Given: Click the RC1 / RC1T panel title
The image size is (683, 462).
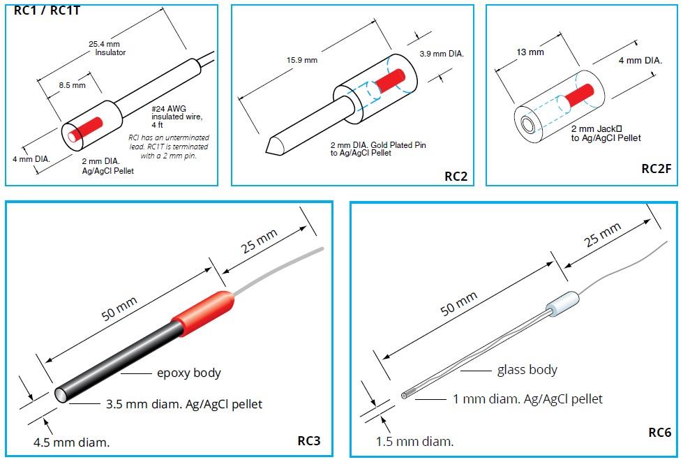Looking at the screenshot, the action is coord(47,10).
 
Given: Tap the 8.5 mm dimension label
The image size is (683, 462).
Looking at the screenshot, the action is coord(73,85).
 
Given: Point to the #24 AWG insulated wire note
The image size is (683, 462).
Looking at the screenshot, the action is coord(177,117).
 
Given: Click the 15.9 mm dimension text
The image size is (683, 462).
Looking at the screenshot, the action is coord(302,60).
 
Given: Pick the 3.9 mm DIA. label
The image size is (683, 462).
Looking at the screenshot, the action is coord(442,54).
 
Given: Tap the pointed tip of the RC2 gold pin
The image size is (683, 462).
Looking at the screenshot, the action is coord(267,151).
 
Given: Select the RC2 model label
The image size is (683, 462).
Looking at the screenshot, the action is coord(456,176).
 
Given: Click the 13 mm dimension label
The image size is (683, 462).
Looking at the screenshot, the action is coord(530,52).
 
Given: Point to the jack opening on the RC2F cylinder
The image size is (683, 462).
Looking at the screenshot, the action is coord(528,126).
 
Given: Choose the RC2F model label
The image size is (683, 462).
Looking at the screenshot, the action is coord(656,169).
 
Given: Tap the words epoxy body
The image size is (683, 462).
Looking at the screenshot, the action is coord(189,373).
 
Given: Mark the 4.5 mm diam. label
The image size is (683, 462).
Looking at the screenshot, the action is coord(71,442).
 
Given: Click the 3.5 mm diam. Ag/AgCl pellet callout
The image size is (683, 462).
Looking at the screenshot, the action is coord(184,404).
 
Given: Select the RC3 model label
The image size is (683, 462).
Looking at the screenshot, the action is coord(309,440).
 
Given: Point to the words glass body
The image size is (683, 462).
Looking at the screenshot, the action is coord(527,370).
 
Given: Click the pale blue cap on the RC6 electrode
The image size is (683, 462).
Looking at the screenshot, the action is coord(563,304).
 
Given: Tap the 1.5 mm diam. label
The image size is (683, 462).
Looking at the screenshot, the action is coord(414,442).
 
